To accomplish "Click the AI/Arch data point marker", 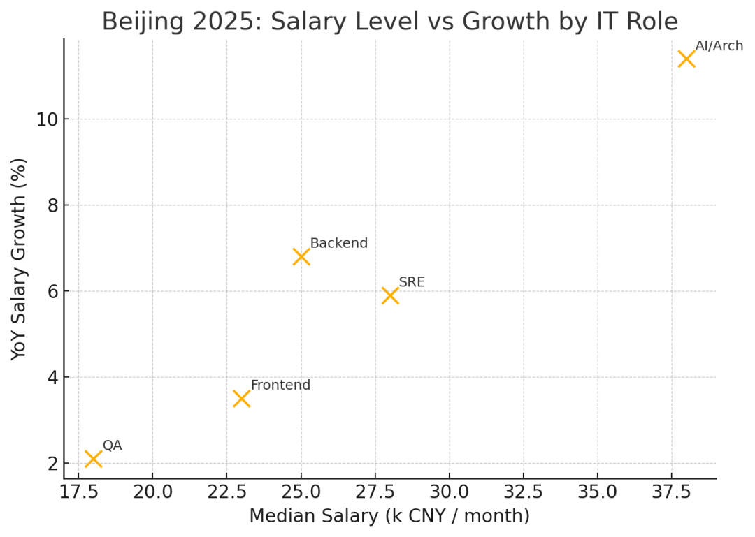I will [x=686, y=59].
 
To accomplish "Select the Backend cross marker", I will [x=301, y=257].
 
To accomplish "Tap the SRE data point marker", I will [x=390, y=295].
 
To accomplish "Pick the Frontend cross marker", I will [x=242, y=399].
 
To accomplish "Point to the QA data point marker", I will [x=93, y=459].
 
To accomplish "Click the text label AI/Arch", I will [x=719, y=46].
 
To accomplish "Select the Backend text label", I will [x=338, y=244].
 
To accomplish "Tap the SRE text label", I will [x=412, y=283].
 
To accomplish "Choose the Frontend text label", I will [x=280, y=385].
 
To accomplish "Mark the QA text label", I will [x=113, y=446].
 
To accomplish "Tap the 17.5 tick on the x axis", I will [x=78, y=492].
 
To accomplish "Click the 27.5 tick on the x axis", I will [x=375, y=492].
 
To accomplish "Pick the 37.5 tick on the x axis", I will [x=672, y=492].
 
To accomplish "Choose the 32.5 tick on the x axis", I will [x=524, y=492].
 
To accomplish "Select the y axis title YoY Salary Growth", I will [x=20, y=258].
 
